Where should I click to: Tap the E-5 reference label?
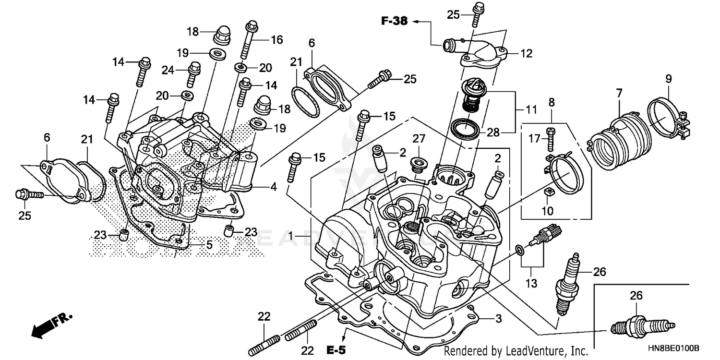pyautogui.click(x=336, y=349)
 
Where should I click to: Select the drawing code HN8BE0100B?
pyautogui.click(x=673, y=348)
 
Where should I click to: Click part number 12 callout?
pyautogui.click(x=526, y=54)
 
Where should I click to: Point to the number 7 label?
pyautogui.click(x=619, y=91)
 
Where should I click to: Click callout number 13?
pyautogui.click(x=531, y=284)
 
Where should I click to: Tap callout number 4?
pyautogui.click(x=273, y=187)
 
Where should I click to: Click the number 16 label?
pyautogui.click(x=277, y=40)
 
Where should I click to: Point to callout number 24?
pyautogui.click(x=168, y=71)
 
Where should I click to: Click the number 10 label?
pyautogui.click(x=548, y=210)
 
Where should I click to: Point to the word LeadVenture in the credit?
pyautogui.click(x=525, y=352)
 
